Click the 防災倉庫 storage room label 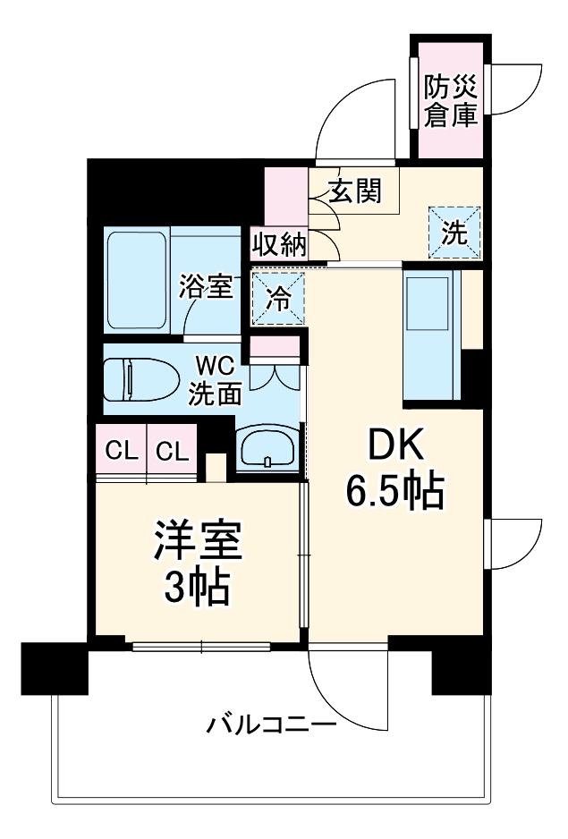(450, 100)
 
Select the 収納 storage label (278, 243)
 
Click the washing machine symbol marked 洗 (454, 233)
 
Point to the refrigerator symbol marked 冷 (279, 298)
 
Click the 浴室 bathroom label (206, 287)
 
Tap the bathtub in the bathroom (136, 280)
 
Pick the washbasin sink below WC (269, 446)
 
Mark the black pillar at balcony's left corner (54, 667)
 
